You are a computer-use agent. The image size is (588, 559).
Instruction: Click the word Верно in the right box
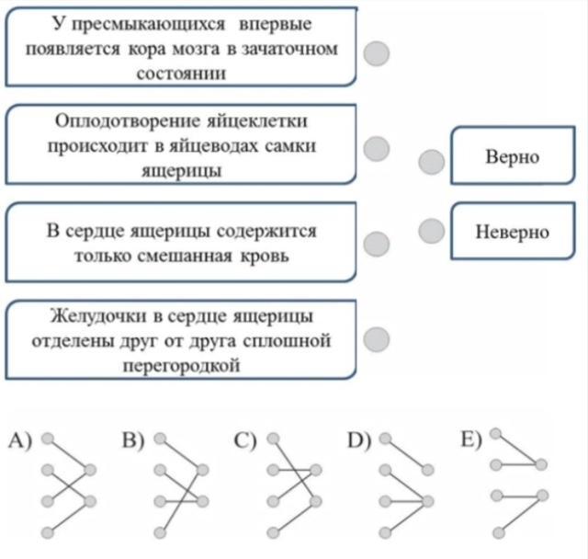click(513, 157)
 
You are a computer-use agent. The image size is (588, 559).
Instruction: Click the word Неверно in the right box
click(513, 232)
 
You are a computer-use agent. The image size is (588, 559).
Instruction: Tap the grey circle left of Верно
click(432, 162)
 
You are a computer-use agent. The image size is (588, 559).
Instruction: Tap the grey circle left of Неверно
click(432, 231)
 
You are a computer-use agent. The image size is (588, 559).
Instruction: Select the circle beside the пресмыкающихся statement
click(377, 53)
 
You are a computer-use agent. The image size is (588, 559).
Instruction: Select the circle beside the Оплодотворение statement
click(377, 149)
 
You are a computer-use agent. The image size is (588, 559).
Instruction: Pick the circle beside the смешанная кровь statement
click(377, 245)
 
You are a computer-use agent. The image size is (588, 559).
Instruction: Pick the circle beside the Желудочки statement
click(377, 339)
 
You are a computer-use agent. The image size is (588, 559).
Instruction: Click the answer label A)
click(20, 440)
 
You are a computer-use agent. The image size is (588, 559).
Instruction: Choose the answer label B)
click(133, 440)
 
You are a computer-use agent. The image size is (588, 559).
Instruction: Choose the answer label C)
click(245, 440)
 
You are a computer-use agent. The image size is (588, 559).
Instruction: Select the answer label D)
click(359, 440)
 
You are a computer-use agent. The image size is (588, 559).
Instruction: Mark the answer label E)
click(471, 439)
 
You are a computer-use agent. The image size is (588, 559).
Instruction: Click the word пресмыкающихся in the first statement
click(149, 25)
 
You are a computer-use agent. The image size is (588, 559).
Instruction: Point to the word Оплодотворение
click(127, 121)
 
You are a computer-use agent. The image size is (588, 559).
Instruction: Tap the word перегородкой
click(181, 366)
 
